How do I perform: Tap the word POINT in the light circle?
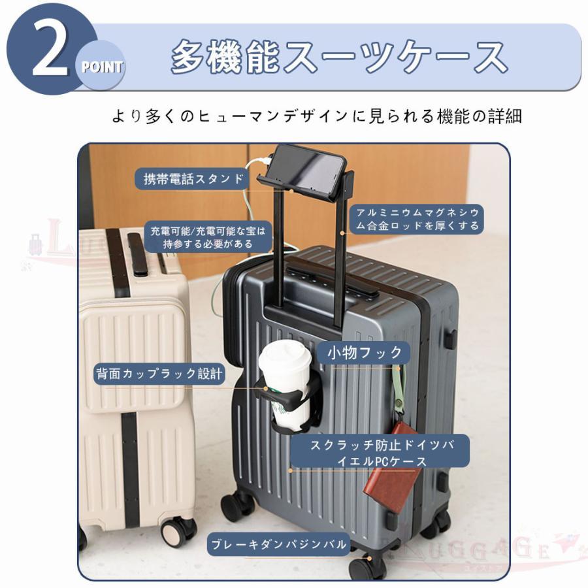click(102, 67)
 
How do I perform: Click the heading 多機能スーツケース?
click(338, 57)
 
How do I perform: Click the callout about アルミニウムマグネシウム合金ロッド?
click(417, 219)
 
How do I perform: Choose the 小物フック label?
click(364, 353)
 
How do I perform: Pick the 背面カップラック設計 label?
click(159, 374)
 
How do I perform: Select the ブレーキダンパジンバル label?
click(278, 544)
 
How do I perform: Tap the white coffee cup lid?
click(285, 357)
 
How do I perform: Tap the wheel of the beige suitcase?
click(178, 531)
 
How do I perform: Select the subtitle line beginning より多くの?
click(317, 116)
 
